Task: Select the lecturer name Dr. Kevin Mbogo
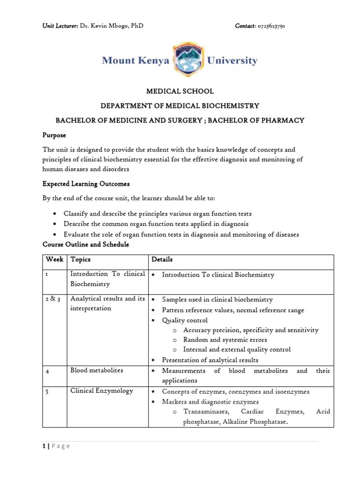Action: (x=111, y=26)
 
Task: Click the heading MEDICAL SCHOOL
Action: (x=180, y=91)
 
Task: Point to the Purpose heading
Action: (x=54, y=135)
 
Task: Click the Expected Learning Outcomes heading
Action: (x=86, y=184)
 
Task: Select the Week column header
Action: (x=54, y=259)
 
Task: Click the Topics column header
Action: (x=80, y=259)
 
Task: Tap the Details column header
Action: (x=162, y=259)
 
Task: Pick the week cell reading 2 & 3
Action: (x=53, y=299)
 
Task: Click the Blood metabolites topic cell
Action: (x=97, y=370)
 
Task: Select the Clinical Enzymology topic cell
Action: (x=102, y=391)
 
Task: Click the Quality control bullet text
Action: (x=184, y=320)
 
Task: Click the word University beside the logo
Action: (x=232, y=61)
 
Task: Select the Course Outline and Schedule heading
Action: (x=86, y=245)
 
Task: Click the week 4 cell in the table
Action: (x=48, y=371)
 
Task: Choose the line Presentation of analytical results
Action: (x=210, y=360)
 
